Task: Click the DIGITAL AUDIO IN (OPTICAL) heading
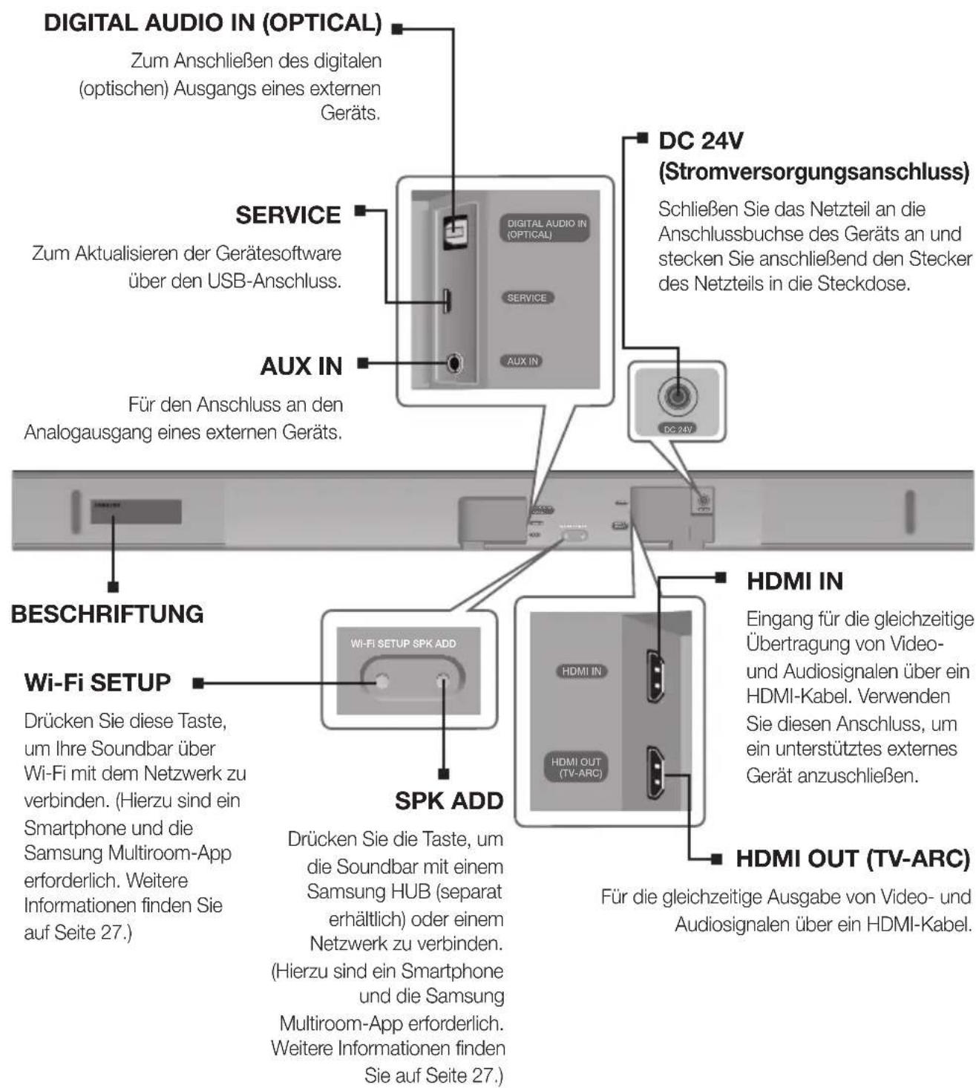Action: pos(213,23)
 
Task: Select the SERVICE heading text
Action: pos(288,215)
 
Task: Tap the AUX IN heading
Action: pos(301,366)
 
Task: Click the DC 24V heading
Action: pos(701,141)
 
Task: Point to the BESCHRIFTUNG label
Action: pos(108,614)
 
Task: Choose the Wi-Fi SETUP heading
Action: pos(97,683)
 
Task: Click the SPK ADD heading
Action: pos(449,801)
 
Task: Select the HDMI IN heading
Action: pos(795,581)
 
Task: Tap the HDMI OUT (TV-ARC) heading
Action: pos(853,859)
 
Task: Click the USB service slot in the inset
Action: pos(448,301)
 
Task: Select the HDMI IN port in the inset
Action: pos(655,676)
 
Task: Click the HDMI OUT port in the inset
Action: pos(655,772)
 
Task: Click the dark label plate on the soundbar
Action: pos(136,511)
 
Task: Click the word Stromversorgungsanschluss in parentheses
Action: pos(814,172)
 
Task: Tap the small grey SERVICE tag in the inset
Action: pos(526,298)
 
